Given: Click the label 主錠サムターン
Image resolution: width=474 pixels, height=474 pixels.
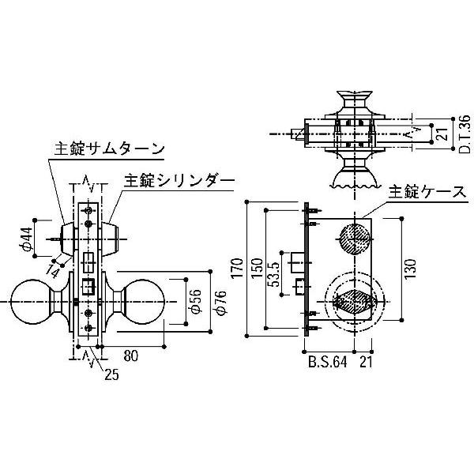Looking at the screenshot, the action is point(109,149).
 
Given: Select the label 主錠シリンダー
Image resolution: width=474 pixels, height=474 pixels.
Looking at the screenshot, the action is point(179,181).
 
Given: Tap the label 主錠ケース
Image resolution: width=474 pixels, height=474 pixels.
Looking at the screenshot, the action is point(427,192).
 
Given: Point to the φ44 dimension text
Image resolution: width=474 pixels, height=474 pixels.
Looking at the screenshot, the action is point(26,239).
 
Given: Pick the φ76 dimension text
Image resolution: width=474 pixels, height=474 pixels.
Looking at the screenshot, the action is point(220,303).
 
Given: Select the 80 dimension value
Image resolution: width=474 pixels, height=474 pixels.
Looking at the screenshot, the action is point(131,355).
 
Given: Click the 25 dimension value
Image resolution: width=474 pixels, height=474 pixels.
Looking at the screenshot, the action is point(112,374).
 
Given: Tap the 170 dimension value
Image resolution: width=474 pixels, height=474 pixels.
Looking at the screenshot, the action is point(237,269).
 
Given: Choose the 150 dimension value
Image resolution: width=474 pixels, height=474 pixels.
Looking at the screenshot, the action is point(258,269).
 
